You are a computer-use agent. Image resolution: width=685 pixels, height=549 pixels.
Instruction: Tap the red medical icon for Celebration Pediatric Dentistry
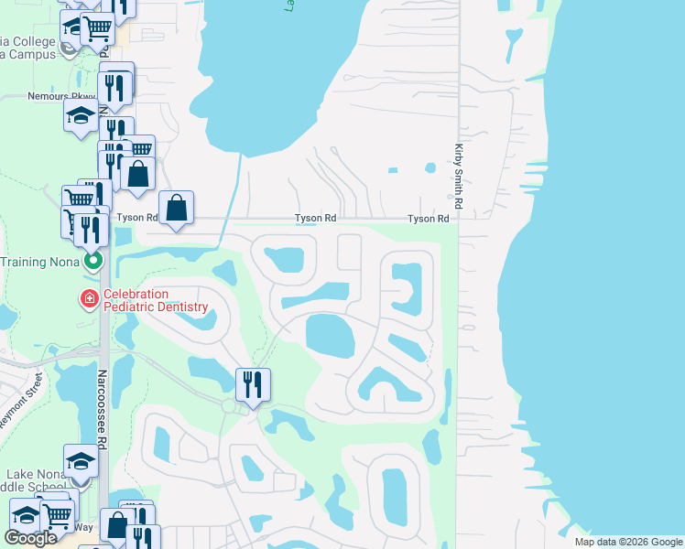click(x=90, y=299)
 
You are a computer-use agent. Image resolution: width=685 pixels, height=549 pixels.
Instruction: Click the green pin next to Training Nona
click(x=92, y=262)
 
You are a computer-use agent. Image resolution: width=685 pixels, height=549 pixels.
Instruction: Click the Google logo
click(x=30, y=538)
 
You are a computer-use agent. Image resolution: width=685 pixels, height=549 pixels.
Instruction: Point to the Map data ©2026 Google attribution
click(x=627, y=542)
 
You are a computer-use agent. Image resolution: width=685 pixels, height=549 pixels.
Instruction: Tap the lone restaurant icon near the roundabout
click(x=253, y=383)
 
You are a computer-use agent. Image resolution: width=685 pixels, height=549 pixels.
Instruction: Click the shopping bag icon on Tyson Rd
click(x=177, y=207)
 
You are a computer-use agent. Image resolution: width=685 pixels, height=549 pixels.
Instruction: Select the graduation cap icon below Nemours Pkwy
click(x=80, y=115)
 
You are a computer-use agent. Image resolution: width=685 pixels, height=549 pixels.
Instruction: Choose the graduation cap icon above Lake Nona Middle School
click(x=81, y=460)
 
